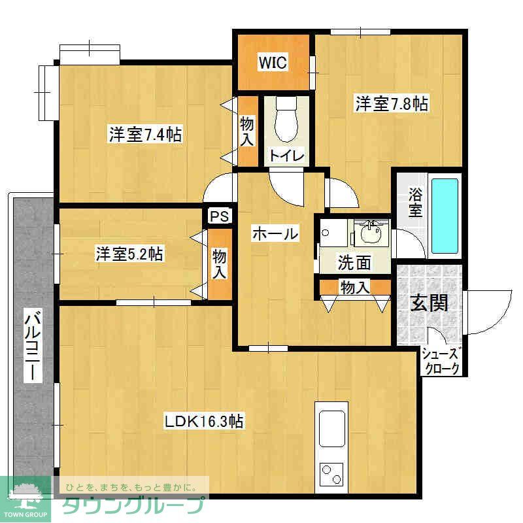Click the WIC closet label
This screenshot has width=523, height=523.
point(272,63)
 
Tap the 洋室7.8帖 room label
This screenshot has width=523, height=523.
point(392,103)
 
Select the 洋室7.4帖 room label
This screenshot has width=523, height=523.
point(145,135)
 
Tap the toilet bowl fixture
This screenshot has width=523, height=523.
point(286,120)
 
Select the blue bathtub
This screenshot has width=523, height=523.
point(445,209)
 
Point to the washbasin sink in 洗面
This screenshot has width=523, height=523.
point(371,233)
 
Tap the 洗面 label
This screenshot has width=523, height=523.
point(354,262)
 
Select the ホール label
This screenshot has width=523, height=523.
point(275,233)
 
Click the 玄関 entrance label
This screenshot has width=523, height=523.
point(429,303)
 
